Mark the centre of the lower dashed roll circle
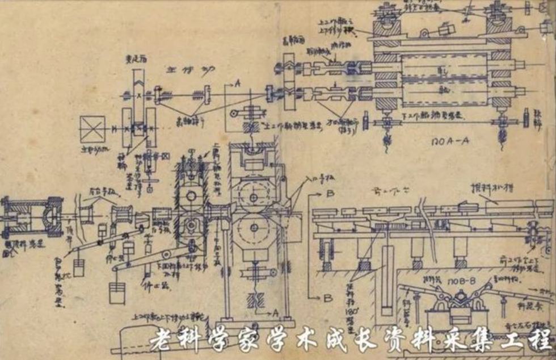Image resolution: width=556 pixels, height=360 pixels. pyautogui.click(x=252, y=228)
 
